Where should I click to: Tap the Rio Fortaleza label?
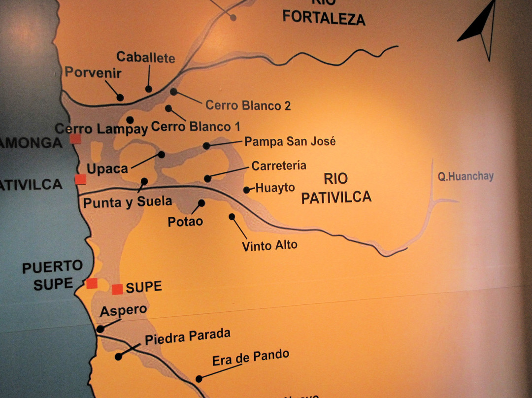coord(324,15)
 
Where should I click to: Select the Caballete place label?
coord(145,58)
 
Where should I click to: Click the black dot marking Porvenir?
coord(120,98)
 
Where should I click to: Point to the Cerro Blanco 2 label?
coord(248,105)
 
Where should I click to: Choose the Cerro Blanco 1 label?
coord(196,127)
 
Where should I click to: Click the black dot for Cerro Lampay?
coord(130,120)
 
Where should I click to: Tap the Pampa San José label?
coord(290,142)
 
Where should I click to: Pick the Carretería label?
coord(279,166)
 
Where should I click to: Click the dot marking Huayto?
coord(246,190)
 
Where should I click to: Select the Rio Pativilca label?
coord(336,188)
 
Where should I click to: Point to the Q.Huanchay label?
coord(465,176)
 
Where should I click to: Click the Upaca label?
coord(107,168)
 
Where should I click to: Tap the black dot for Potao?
coord(201,203)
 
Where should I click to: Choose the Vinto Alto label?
coord(269,245)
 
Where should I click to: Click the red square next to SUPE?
coord(117,289)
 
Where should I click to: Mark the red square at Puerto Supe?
coord(92,283)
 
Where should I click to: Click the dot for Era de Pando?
coord(199,379)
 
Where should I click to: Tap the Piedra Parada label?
coord(187,337)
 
